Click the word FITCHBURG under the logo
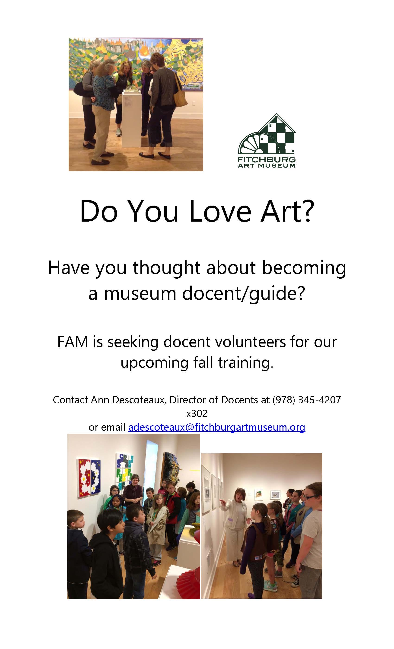267,160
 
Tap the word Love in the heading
220,211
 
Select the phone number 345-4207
319,400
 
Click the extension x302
197,414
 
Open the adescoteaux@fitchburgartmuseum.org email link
216,427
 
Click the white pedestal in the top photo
131,118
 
